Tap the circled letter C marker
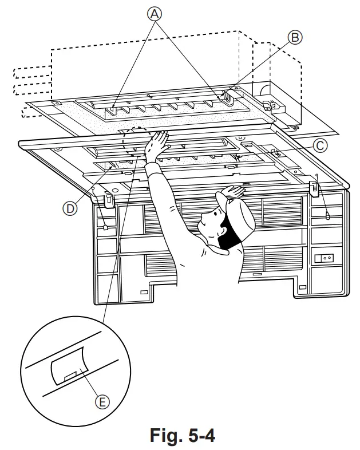(321, 146)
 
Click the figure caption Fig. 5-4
(179, 436)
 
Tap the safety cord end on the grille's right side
(327, 215)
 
